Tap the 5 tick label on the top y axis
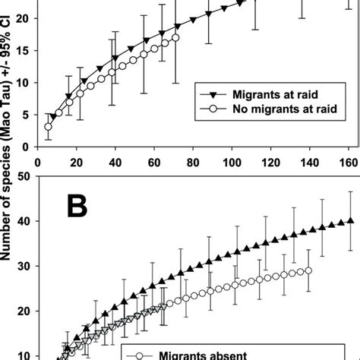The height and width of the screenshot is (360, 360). [x=26, y=115]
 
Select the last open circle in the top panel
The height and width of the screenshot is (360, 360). [x=175, y=37]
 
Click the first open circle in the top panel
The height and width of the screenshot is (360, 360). [x=48, y=127]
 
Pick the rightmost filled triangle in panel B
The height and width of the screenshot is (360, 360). [x=350, y=221]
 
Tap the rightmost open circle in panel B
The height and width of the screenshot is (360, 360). [x=308, y=270]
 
